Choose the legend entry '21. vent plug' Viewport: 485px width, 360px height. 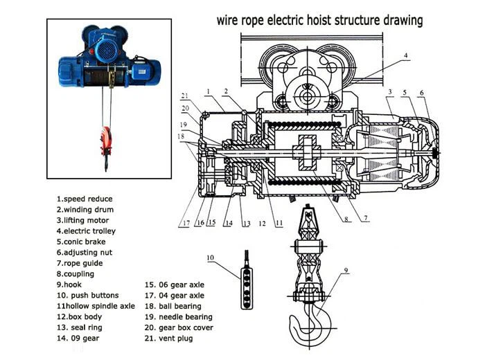pyautogui.click(x=169, y=339)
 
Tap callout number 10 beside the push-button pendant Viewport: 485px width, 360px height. pyautogui.click(x=210, y=258)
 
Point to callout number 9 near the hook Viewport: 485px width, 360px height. pyautogui.click(x=346, y=270)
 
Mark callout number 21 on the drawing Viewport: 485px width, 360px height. pyautogui.click(x=184, y=96)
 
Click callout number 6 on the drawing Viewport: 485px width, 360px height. pyautogui.click(x=422, y=92)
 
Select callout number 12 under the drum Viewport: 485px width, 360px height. pyautogui.click(x=263, y=224)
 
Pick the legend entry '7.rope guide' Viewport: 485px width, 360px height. pyautogui.click(x=80, y=263)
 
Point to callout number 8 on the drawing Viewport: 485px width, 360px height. pyautogui.click(x=347, y=219)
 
